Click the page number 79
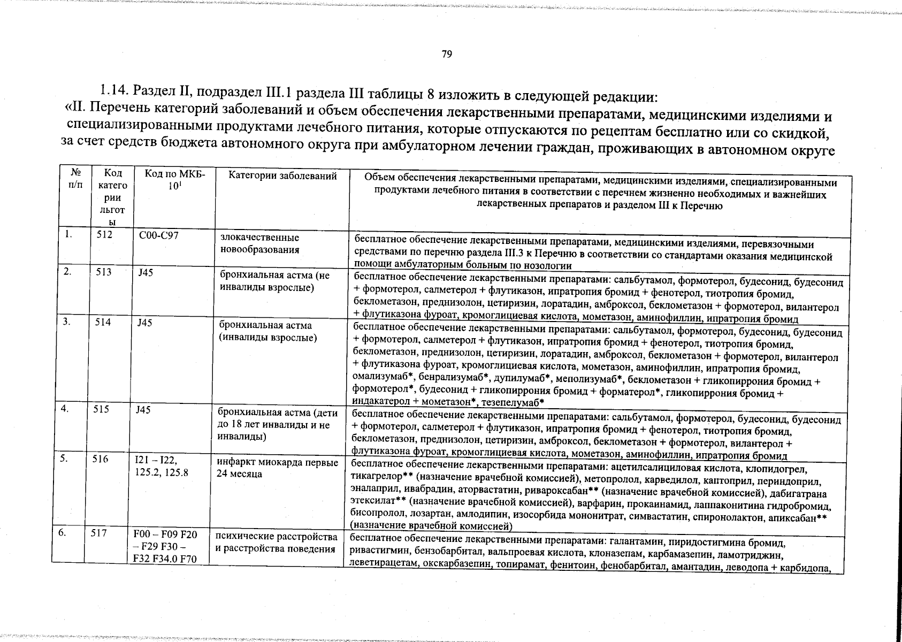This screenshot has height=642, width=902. click(x=447, y=54)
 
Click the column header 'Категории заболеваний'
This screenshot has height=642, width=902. click(x=282, y=176)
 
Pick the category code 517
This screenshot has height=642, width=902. click(x=100, y=533)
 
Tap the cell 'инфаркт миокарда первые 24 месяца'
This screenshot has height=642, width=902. click(x=277, y=468)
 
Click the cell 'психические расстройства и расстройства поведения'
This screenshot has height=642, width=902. click(x=276, y=542)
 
